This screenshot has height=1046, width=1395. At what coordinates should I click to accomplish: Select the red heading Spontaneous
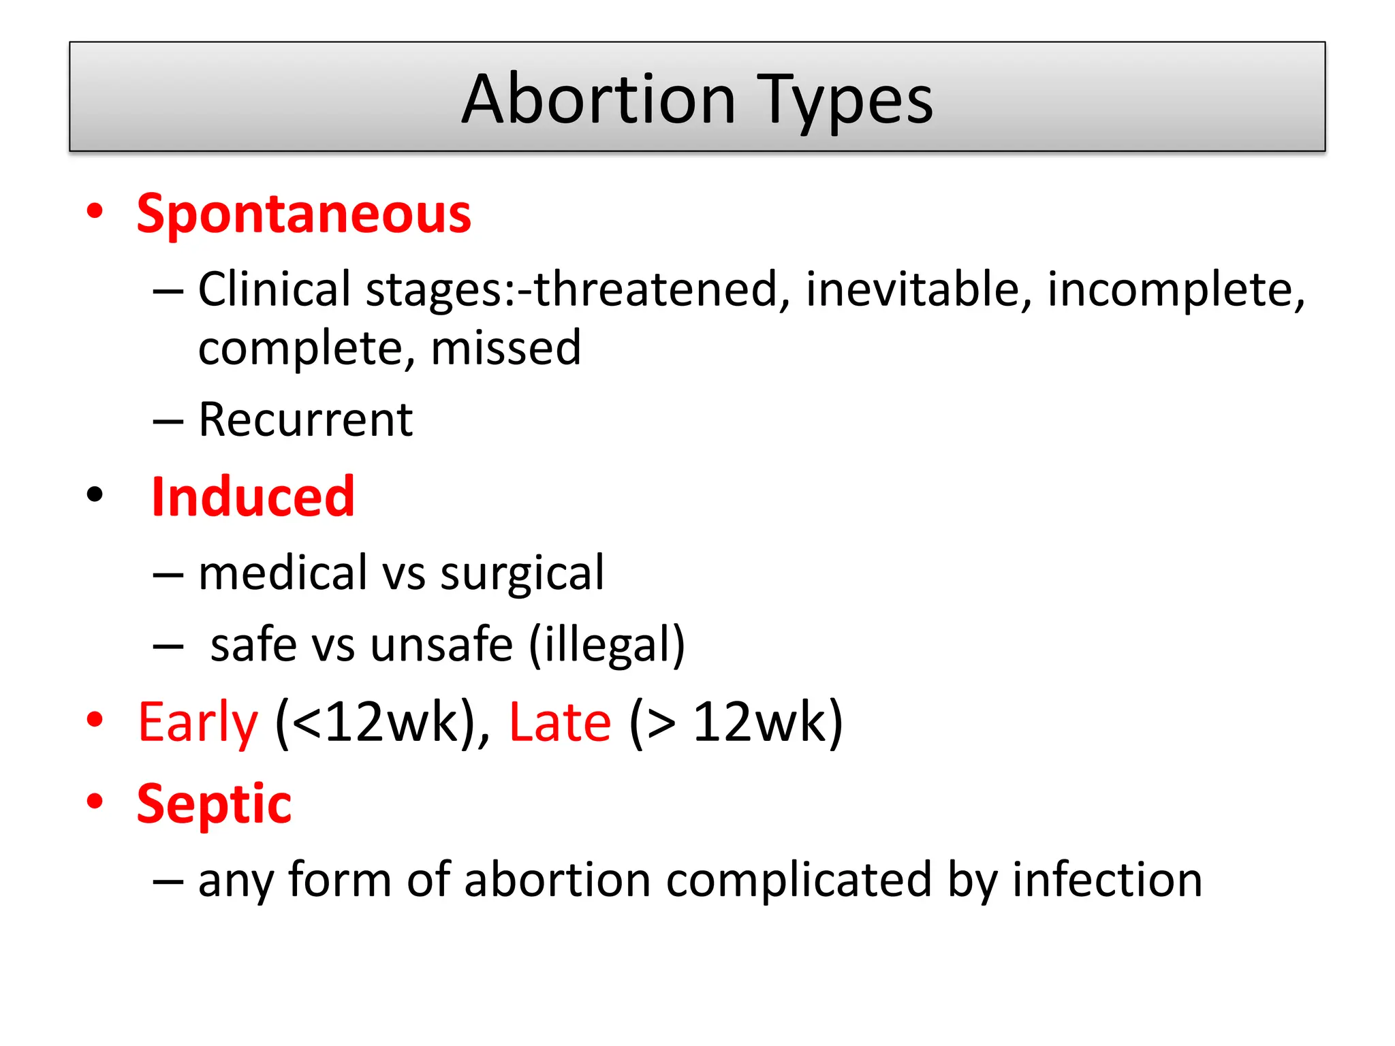coord(304,214)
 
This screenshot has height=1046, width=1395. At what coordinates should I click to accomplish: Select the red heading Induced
coord(253,496)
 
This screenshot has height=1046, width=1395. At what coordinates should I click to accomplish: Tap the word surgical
coord(522,573)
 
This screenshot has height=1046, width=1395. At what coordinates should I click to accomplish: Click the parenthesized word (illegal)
coord(606,646)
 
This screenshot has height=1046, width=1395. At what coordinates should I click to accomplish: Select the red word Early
coord(198,723)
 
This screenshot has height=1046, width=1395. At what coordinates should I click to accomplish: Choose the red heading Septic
coord(214,804)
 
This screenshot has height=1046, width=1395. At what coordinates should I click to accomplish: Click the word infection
coord(1107,879)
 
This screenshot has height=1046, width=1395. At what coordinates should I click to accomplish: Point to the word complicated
coord(798,881)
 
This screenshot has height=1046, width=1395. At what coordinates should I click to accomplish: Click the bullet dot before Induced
coord(95,494)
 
